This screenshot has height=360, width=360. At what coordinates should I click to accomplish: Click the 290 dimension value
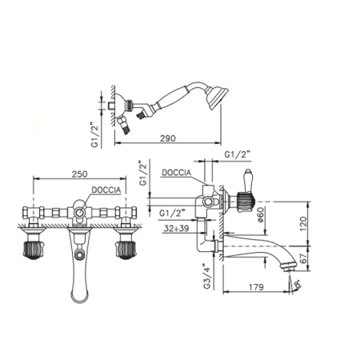pos(168,138)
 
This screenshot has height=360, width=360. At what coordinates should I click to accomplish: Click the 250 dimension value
pos(79,174)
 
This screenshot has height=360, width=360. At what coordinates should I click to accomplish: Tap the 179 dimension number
pos(256,287)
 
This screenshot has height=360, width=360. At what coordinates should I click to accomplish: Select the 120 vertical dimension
pos(303,223)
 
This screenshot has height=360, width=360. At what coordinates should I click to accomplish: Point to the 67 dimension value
pos(303,258)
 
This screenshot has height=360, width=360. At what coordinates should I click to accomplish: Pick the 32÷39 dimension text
pos(176,228)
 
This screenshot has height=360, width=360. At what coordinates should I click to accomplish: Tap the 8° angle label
pos(297,284)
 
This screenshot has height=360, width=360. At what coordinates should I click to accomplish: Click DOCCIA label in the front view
pos(106,190)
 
